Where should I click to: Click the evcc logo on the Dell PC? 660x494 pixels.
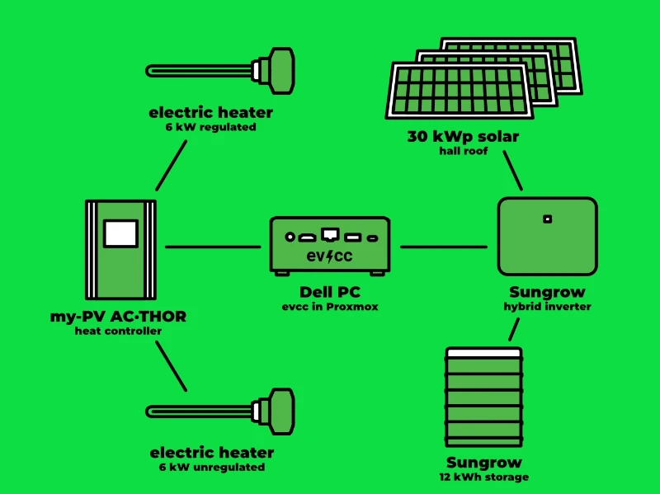(329, 256)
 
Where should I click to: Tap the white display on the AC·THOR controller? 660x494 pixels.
(120, 233)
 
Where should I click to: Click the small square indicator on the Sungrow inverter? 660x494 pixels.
(547, 219)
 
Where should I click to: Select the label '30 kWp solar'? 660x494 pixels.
(463, 137)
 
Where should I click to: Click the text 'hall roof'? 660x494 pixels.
(463, 152)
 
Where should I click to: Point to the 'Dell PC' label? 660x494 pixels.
(329, 293)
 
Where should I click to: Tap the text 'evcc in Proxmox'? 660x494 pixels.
(329, 307)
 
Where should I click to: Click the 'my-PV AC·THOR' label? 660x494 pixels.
(118, 317)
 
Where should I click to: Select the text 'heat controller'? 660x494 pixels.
(118, 331)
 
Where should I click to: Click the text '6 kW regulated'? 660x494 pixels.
(210, 127)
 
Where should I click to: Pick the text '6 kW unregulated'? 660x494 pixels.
(212, 467)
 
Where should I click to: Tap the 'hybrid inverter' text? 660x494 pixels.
(547, 306)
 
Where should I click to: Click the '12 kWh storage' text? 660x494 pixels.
(484, 477)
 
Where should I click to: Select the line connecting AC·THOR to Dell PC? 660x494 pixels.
(213, 247)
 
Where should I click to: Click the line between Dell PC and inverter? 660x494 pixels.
(443, 247)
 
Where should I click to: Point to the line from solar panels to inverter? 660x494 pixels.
(512, 171)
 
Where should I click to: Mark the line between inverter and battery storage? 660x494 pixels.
(514, 329)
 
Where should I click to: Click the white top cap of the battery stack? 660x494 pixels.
(483, 352)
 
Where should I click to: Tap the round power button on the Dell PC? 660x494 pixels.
(290, 237)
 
